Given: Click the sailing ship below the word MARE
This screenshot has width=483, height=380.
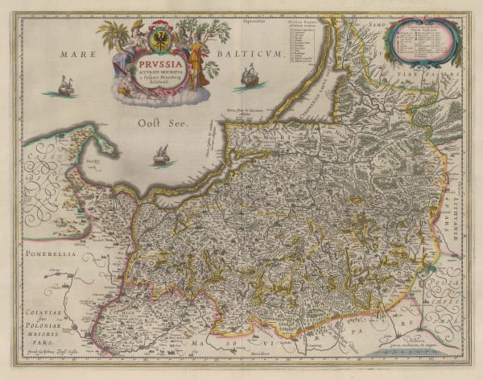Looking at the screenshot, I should pyautogui.click(x=65, y=85).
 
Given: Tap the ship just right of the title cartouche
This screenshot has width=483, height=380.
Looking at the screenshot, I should pyautogui.click(x=250, y=76).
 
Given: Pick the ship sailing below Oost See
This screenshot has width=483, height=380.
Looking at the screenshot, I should pyautogui.click(x=162, y=156).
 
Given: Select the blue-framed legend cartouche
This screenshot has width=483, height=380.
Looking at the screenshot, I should pyautogui.click(x=423, y=42).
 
